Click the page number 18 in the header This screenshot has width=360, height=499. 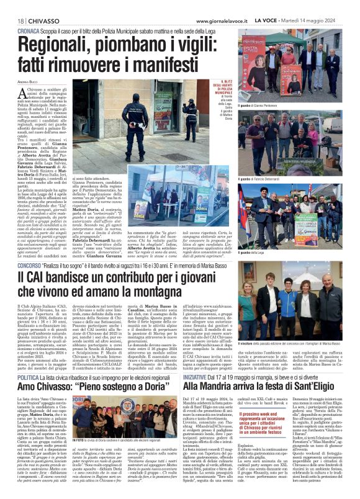click(x=11, y=20)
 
